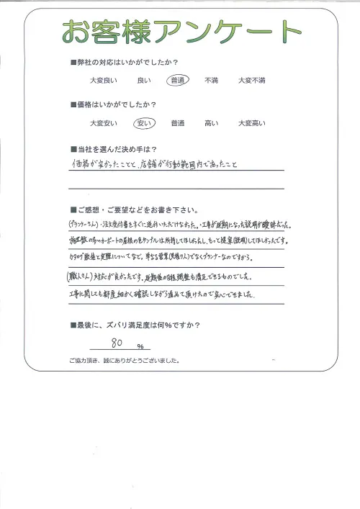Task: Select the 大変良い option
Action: point(104,81)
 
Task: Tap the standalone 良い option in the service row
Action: point(143,81)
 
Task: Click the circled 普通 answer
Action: point(177,81)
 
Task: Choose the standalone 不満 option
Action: point(212,81)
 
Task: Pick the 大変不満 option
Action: point(251,81)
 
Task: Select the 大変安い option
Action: point(104,124)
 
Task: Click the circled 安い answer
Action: point(144,124)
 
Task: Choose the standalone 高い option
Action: point(212,124)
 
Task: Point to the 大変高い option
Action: point(251,124)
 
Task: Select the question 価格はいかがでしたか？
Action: point(122,105)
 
